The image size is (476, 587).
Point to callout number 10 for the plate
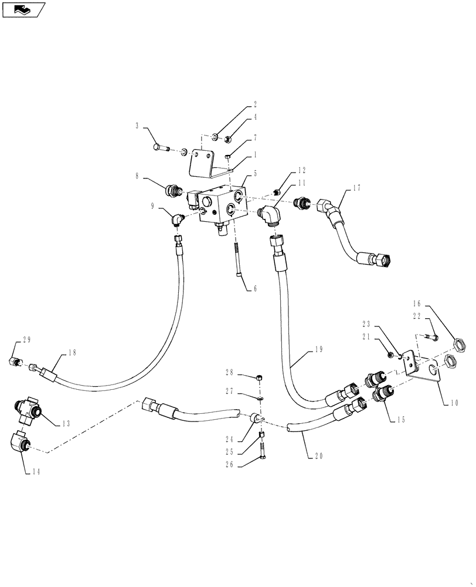pyautogui.click(x=454, y=403)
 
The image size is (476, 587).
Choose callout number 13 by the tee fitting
pyautogui.click(x=66, y=423)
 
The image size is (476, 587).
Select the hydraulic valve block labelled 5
pyautogui.click(x=220, y=206)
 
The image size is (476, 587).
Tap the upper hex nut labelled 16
pyautogui.click(x=458, y=342)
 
